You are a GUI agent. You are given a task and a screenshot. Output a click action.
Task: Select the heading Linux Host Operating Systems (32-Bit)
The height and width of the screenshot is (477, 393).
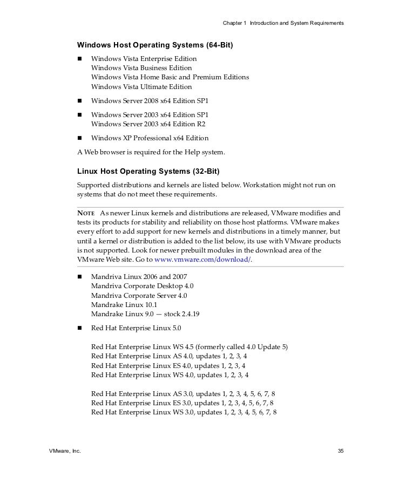click(x=148, y=172)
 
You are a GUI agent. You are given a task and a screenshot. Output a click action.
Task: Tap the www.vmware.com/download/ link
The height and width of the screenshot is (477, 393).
click(x=202, y=260)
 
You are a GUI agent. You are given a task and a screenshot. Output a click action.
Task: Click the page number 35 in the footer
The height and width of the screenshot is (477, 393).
click(x=340, y=451)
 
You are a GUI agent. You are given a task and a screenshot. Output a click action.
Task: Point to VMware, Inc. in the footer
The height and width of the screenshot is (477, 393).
click(x=65, y=451)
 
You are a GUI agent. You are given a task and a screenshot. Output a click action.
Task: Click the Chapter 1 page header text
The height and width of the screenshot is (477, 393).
click(x=283, y=24)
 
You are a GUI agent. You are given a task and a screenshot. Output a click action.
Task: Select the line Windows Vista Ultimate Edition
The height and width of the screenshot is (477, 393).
click(x=141, y=87)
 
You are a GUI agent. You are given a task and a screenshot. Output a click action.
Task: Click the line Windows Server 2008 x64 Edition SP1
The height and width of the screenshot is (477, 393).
click(x=150, y=101)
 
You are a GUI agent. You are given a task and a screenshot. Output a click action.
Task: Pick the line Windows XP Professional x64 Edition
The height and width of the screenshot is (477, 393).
click(x=150, y=138)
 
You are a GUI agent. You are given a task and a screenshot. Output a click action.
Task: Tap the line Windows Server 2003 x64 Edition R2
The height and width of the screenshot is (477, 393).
click(x=148, y=124)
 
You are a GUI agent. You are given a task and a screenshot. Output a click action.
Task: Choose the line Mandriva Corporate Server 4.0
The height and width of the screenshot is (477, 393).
click(x=140, y=296)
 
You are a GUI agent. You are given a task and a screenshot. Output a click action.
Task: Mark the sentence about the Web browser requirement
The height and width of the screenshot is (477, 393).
click(x=151, y=153)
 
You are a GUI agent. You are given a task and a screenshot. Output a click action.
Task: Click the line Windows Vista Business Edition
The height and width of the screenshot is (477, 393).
click(x=141, y=68)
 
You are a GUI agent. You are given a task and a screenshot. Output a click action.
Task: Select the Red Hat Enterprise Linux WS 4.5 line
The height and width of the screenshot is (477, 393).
click(x=189, y=347)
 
